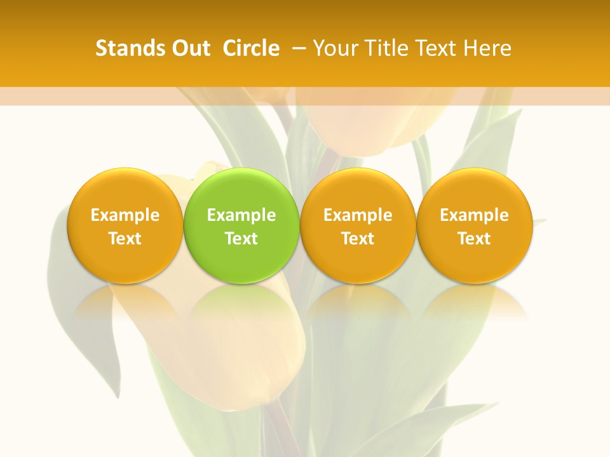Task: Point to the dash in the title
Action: [x=297, y=48]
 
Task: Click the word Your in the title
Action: [x=334, y=48]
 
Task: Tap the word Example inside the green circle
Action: [x=241, y=215]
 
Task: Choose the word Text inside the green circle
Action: [x=241, y=239]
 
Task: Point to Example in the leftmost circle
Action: [x=125, y=215]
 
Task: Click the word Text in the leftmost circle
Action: [x=125, y=239]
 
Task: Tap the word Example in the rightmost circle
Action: [x=475, y=215]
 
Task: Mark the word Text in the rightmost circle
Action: [x=475, y=239]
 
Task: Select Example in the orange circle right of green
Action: [x=358, y=215]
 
